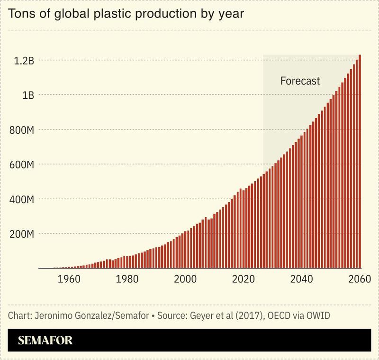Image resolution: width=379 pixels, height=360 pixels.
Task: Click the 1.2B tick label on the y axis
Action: pyautogui.click(x=23, y=60)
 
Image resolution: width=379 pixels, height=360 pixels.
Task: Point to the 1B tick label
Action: pyautogui.click(x=27, y=95)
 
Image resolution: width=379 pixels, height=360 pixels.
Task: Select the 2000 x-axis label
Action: pyautogui.click(x=184, y=279)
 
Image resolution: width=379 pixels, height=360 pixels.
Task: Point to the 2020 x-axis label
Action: pyautogui.click(x=243, y=279)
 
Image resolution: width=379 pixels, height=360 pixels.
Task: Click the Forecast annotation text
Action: pyautogui.click(x=300, y=81)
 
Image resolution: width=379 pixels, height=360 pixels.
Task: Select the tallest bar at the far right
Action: pyautogui.click(x=360, y=161)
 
